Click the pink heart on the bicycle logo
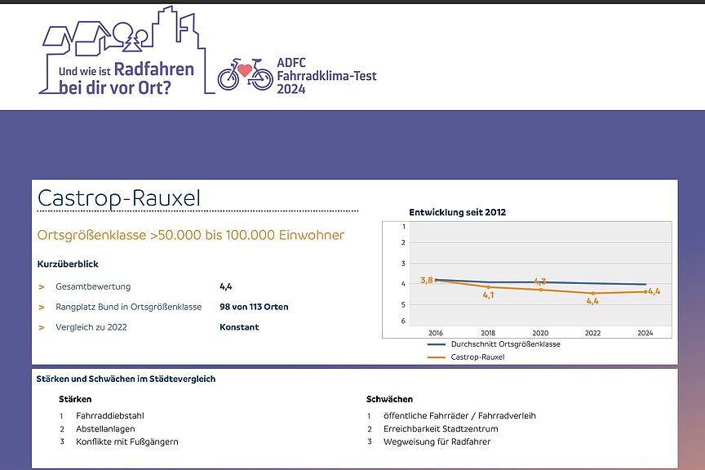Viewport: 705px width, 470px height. pos(245,71)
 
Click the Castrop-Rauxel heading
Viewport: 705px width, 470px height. pos(119,198)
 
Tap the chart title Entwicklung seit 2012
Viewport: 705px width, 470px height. pos(457,212)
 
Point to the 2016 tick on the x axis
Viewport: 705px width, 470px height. pos(436,333)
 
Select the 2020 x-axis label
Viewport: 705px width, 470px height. pos(540,333)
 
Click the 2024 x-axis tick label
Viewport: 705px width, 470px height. pos(645,333)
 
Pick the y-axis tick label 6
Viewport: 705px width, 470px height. pos(403,321)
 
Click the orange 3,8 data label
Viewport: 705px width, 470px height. pos(426,281)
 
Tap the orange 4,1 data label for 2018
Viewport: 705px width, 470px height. pos(488,295)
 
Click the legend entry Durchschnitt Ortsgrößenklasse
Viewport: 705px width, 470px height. pos(505,344)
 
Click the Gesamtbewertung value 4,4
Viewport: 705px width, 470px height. pos(226,286)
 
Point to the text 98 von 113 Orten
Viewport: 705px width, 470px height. pos(254,307)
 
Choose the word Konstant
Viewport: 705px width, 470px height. pos(239,327)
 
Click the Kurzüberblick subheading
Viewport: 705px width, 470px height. pos(68,264)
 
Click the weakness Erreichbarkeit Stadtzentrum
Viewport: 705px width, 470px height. pos(441,428)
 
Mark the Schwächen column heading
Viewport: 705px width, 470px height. pos(389,399)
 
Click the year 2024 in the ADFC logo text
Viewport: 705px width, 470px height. pos(290,89)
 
